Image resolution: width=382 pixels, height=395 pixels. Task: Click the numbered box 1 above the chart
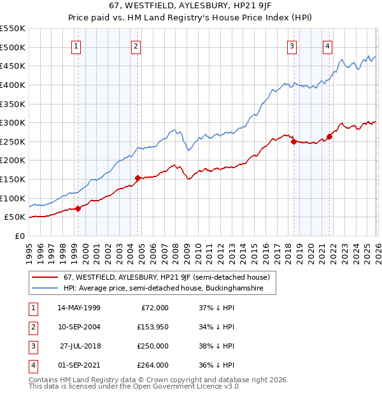pos(76,45)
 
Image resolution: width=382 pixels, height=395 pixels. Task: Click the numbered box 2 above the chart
pos(136,45)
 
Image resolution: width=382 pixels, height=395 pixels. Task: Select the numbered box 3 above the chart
pos(292,45)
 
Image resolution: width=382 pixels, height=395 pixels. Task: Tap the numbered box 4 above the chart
pos(327,45)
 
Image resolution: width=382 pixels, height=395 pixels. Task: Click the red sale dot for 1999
pos(78,208)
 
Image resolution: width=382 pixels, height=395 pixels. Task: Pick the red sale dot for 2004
pos(138,178)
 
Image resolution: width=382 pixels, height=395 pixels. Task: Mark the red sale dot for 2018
pos(294,142)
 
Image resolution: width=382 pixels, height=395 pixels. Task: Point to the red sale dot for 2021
pos(329,136)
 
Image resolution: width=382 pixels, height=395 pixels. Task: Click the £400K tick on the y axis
pos(13,85)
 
